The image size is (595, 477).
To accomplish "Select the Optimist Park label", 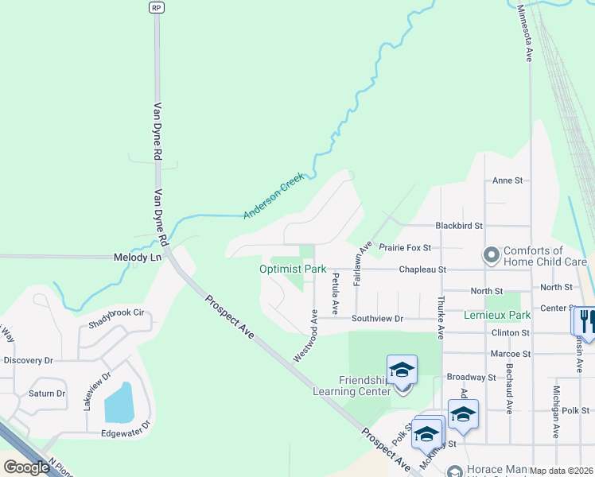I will (293, 270).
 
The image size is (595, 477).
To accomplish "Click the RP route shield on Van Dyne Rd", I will (156, 7).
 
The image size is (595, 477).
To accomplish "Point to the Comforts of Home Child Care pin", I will (491, 256).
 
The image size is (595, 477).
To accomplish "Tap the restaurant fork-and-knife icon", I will (585, 320).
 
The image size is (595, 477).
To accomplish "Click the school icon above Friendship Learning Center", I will (402, 370).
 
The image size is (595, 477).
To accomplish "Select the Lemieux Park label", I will (497, 316).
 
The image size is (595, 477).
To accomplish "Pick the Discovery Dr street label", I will (28, 360).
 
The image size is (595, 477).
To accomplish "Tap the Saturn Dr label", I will (47, 394).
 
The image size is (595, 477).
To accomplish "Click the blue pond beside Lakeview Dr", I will (119, 402).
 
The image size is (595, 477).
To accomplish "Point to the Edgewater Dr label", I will (126, 434).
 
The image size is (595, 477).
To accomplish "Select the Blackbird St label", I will (459, 226).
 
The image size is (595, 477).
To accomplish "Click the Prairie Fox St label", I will (404, 248).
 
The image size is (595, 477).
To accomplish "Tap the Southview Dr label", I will (378, 319).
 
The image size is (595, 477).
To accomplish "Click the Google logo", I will (26, 467).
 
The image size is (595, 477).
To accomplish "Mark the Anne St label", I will (507, 180).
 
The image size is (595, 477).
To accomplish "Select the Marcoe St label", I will (511, 353).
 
